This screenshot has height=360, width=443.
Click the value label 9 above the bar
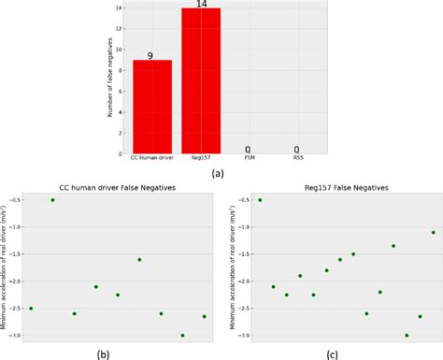pos(152,55)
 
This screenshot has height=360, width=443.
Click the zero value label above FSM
pos(249,149)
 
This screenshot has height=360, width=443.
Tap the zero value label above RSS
pos(296,149)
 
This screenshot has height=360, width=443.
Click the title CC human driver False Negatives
pos(118,189)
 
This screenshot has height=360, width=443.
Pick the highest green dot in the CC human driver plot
pos(52,200)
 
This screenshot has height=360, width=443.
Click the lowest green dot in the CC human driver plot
pos(182,335)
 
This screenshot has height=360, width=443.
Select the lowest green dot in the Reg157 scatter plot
pos(407,335)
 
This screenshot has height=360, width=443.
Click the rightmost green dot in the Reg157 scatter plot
pos(433,232)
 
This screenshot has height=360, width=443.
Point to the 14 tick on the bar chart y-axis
pos(120,8)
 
